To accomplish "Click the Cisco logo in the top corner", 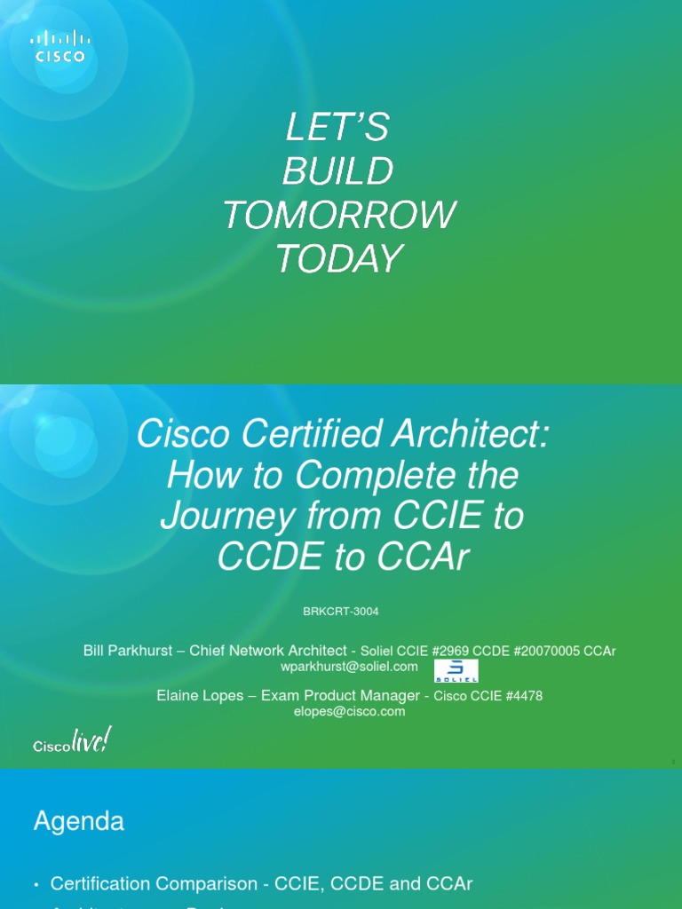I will pos(60,46).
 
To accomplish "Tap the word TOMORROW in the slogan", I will pos(338,215).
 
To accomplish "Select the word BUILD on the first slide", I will pos(337,172).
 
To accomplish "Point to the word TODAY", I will pos(338,258).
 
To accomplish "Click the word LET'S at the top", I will pos(337,129).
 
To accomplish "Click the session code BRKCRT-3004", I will pos(341,612).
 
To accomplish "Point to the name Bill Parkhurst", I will pos(128,651).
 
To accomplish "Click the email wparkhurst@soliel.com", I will pos(348,666).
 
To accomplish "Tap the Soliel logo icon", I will pos(456,670).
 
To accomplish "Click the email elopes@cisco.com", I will pos(350,711).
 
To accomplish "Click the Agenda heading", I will pos(78,821).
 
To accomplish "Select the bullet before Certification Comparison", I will pos(36,884).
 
